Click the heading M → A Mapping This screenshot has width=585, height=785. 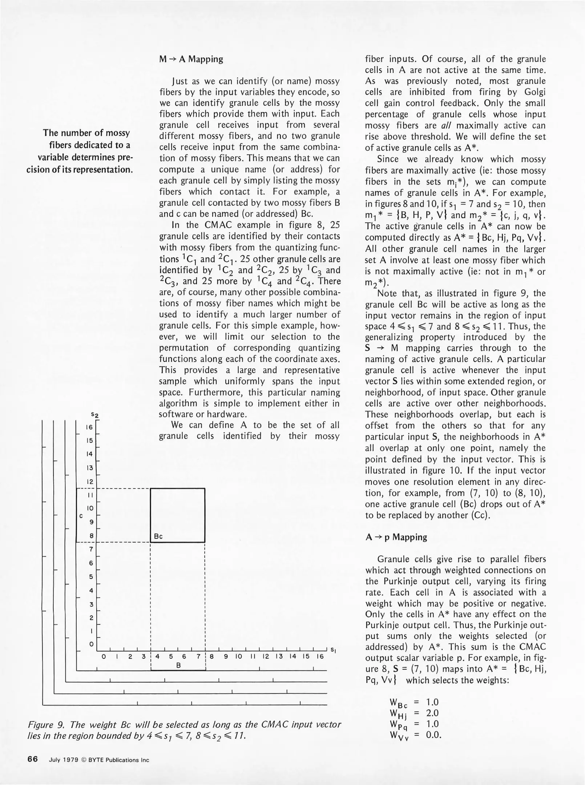[191, 59]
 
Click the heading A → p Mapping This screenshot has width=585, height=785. [396, 537]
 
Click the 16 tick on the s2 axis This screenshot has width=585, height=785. [89, 427]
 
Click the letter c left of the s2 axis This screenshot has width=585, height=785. [81, 516]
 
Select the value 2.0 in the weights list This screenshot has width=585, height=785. [432, 713]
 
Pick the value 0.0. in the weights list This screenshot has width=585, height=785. [433, 735]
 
